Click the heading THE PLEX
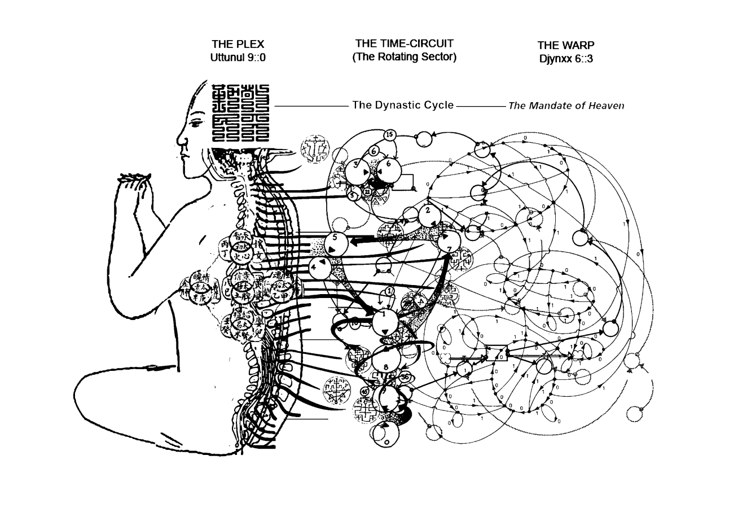pos(238,44)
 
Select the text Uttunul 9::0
pos(238,57)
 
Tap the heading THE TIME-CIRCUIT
pos(404,43)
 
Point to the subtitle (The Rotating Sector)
pos(404,57)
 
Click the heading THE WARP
pos(565,45)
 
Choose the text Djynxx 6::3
pos(565,58)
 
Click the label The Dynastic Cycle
pos(403,105)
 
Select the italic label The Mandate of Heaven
pos(566,106)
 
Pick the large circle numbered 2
pos(428,212)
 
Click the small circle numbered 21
pos(367,192)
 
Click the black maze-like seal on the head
pos(240,113)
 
